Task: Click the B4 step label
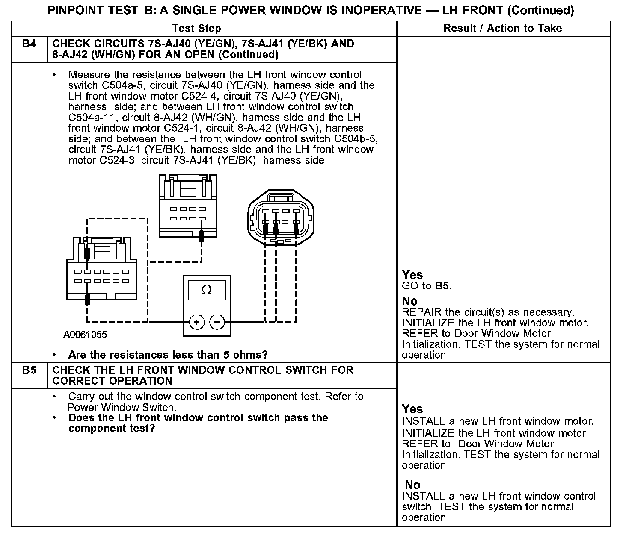tap(29, 44)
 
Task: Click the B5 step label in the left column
tap(29, 370)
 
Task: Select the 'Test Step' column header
tap(196, 29)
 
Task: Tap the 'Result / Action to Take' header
tap(503, 29)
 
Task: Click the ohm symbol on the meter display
tap(206, 291)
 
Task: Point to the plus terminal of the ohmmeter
tap(197, 322)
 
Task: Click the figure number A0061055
tap(85, 335)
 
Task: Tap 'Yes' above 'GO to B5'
tap(412, 275)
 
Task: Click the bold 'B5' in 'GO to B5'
tap(442, 286)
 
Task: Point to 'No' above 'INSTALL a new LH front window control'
tap(412, 485)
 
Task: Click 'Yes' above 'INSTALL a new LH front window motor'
tap(412, 409)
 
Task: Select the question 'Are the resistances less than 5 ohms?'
tap(168, 355)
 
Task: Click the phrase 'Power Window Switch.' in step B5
tap(122, 407)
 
